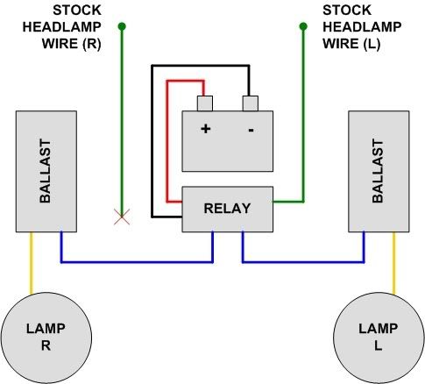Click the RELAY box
click(x=227, y=209)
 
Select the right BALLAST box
click(x=379, y=172)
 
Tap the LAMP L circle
click(x=370, y=334)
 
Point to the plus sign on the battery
click(x=207, y=129)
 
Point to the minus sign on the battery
click(x=251, y=129)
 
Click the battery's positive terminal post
click(x=207, y=105)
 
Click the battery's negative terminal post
click(x=251, y=105)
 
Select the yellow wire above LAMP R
click(x=32, y=262)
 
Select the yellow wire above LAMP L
click(x=393, y=262)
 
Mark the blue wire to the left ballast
click(x=131, y=261)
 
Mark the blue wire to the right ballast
click(x=307, y=261)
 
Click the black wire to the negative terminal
click(x=152, y=140)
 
